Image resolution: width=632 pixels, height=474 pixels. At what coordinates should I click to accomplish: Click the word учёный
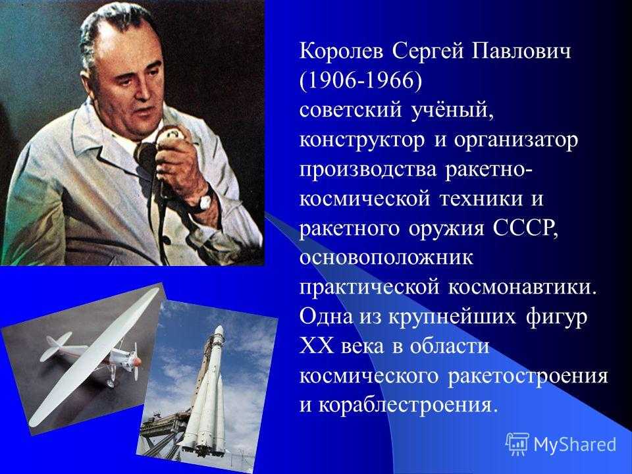point(452,111)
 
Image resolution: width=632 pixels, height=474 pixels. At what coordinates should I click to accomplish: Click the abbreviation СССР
point(525,228)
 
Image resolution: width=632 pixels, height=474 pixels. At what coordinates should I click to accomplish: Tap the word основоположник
point(386,258)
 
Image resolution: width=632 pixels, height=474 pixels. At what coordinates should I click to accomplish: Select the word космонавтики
point(521,288)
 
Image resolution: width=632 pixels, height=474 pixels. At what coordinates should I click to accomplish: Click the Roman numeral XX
point(317,346)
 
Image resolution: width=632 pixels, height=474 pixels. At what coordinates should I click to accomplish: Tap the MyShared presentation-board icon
point(517,444)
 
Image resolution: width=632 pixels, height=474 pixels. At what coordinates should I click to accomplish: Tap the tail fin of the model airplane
point(57,347)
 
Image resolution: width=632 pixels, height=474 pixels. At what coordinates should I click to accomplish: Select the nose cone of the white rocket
point(218,333)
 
